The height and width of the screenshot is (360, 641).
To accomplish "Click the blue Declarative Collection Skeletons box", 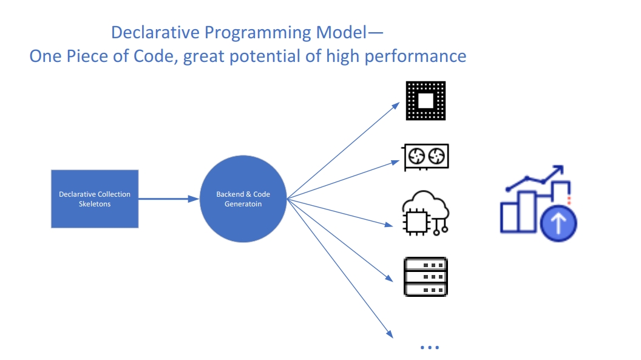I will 94,199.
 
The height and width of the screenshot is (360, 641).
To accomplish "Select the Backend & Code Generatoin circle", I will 243,199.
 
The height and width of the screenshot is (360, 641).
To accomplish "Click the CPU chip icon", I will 426,101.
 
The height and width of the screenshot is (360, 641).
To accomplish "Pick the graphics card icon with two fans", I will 426,157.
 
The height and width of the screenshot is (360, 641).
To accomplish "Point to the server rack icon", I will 426,276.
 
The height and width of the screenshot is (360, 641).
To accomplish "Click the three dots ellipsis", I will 429,348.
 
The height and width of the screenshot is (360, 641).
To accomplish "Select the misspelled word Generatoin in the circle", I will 243,204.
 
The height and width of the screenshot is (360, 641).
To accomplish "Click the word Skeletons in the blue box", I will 94,204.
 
